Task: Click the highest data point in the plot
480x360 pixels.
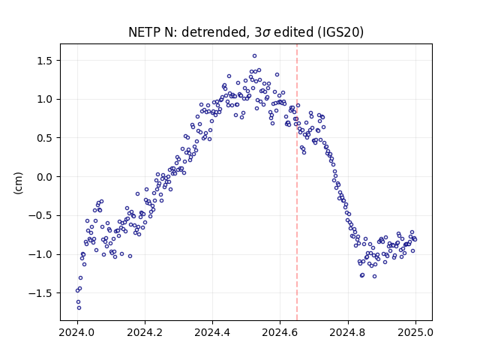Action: [254, 56]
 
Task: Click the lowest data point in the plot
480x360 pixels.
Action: [79, 308]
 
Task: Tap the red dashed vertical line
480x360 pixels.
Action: [297, 182]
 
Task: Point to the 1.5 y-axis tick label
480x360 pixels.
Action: [45, 61]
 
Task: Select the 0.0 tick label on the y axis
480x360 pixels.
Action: [45, 177]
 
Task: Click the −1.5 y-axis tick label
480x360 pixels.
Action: [40, 293]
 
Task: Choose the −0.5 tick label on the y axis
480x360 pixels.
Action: [40, 216]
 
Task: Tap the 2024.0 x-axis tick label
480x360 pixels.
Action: [77, 332]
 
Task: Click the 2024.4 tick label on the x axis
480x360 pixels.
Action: [212, 332]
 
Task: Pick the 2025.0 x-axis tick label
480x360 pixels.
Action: [415, 332]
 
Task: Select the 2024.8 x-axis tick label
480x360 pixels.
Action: [348, 332]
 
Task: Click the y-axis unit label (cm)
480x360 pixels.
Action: [18, 183]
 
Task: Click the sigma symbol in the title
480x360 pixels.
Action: [266, 33]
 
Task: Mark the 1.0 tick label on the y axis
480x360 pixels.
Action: [45, 100]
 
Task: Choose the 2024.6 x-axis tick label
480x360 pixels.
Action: [280, 332]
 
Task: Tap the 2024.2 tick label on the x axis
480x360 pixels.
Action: [145, 332]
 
